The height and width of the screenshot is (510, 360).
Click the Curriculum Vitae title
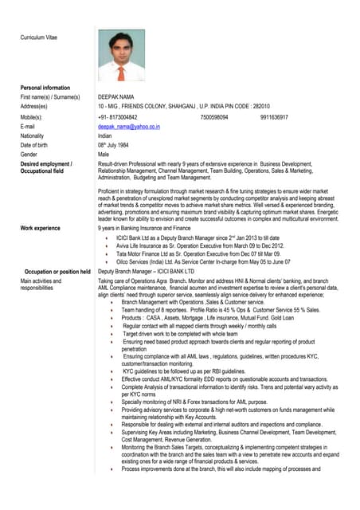click(38, 37)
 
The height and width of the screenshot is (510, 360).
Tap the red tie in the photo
click(121, 73)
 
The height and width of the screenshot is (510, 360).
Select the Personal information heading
click(45, 87)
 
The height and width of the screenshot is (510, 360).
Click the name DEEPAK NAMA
click(118, 96)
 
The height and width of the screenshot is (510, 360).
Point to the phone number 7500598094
click(214, 116)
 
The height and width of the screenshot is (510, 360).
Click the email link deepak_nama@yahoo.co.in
click(128, 126)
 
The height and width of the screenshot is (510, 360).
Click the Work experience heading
click(41, 229)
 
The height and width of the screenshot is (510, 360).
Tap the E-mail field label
click(28, 126)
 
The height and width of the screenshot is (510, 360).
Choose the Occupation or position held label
click(57, 272)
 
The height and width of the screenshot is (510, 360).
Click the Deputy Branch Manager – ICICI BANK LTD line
click(146, 272)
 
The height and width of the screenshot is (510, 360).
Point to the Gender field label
click(30, 155)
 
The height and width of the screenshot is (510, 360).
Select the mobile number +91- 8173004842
click(123, 116)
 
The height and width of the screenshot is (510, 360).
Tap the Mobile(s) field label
click(34, 116)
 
